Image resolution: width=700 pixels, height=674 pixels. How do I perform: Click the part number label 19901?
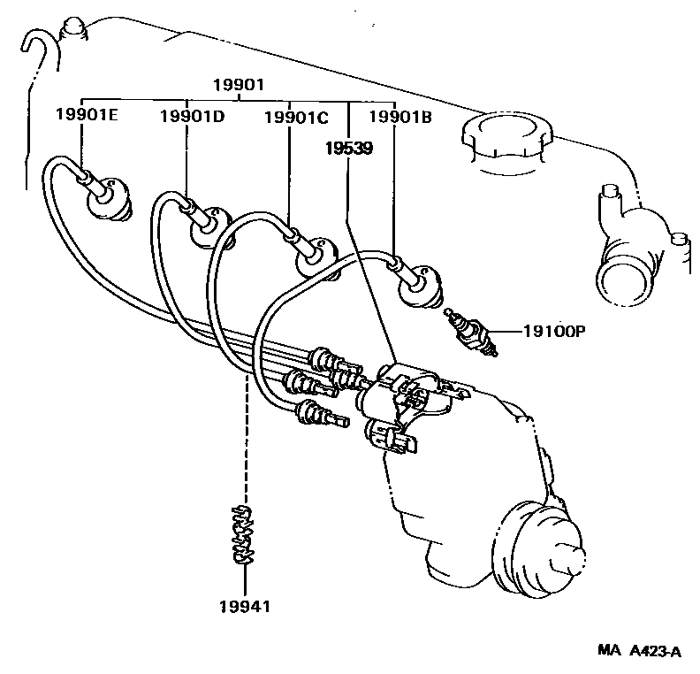238,85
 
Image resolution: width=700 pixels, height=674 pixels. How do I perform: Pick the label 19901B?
399,115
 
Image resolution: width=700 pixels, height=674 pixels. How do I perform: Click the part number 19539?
346,149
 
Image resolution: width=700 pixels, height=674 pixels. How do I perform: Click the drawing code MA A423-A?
639,653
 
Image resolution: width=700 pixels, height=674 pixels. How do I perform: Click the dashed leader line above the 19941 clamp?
245,442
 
